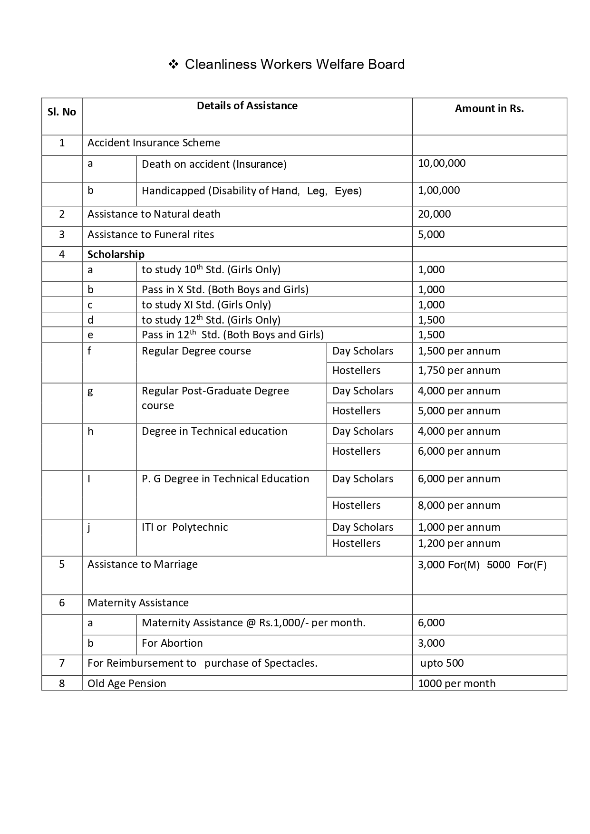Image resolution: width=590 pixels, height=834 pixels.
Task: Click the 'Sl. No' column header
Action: [62, 112]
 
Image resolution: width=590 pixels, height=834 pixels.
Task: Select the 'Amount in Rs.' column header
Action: [489, 109]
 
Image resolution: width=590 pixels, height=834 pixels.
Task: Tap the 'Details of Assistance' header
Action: [247, 106]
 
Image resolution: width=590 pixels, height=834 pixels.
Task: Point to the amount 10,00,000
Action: [442, 163]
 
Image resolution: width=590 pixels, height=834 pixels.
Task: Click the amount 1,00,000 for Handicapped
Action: [439, 191]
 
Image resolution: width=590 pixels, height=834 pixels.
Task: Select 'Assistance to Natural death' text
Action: [154, 214]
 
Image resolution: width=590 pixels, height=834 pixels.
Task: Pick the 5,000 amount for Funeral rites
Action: [431, 235]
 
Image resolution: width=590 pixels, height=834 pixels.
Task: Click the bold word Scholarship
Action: [116, 255]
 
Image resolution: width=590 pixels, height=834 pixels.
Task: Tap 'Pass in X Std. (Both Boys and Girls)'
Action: [225, 289]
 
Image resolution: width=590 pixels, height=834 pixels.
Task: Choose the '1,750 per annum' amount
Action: [459, 371]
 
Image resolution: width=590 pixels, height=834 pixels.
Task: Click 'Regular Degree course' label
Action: [196, 351]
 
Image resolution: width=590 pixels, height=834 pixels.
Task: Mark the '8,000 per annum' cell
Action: [459, 506]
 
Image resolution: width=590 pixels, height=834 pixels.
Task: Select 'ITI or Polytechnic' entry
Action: [184, 527]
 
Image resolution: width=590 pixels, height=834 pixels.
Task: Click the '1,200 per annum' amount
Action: [459, 544]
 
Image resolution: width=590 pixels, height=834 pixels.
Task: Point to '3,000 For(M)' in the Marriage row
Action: [449, 565]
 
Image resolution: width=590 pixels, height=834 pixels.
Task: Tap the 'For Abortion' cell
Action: [172, 643]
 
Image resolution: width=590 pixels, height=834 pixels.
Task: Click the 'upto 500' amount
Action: [442, 663]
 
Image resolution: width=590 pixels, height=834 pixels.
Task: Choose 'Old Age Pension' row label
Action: [127, 684]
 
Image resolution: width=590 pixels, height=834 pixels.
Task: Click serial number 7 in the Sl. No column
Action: [62, 663]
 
